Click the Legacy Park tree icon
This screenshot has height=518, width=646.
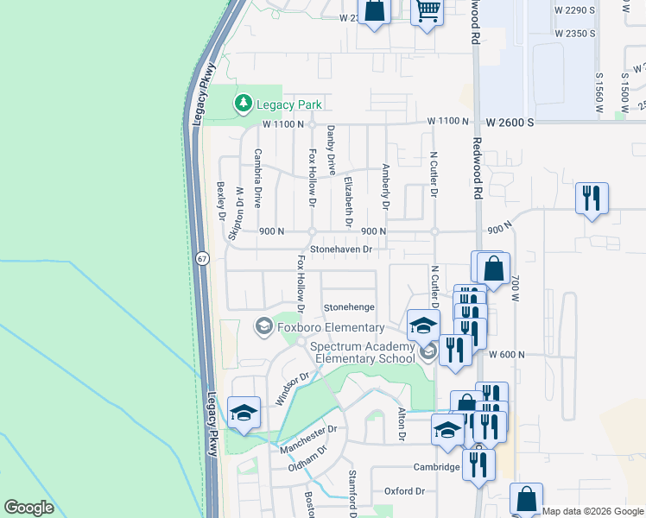(x=244, y=104)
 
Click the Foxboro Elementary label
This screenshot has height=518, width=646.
(x=330, y=328)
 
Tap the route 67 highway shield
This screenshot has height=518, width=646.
(x=201, y=258)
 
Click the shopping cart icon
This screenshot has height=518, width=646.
(x=427, y=12)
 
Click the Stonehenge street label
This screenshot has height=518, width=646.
(x=349, y=307)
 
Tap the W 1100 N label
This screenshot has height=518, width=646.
(x=283, y=124)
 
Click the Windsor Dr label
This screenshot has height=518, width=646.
(x=292, y=388)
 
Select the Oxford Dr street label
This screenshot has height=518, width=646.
(x=405, y=491)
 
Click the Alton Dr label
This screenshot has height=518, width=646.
(x=401, y=425)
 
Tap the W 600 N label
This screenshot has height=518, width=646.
(x=507, y=354)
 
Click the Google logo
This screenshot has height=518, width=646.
(x=28, y=508)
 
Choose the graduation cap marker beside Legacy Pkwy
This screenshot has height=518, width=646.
(x=244, y=411)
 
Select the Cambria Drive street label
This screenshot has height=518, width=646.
(x=257, y=178)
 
